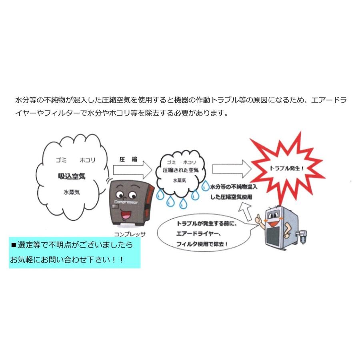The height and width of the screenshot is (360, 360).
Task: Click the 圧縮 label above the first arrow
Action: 128,159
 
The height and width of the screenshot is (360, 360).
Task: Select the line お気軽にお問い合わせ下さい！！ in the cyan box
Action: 67,260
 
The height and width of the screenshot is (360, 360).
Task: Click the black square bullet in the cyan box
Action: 13,244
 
